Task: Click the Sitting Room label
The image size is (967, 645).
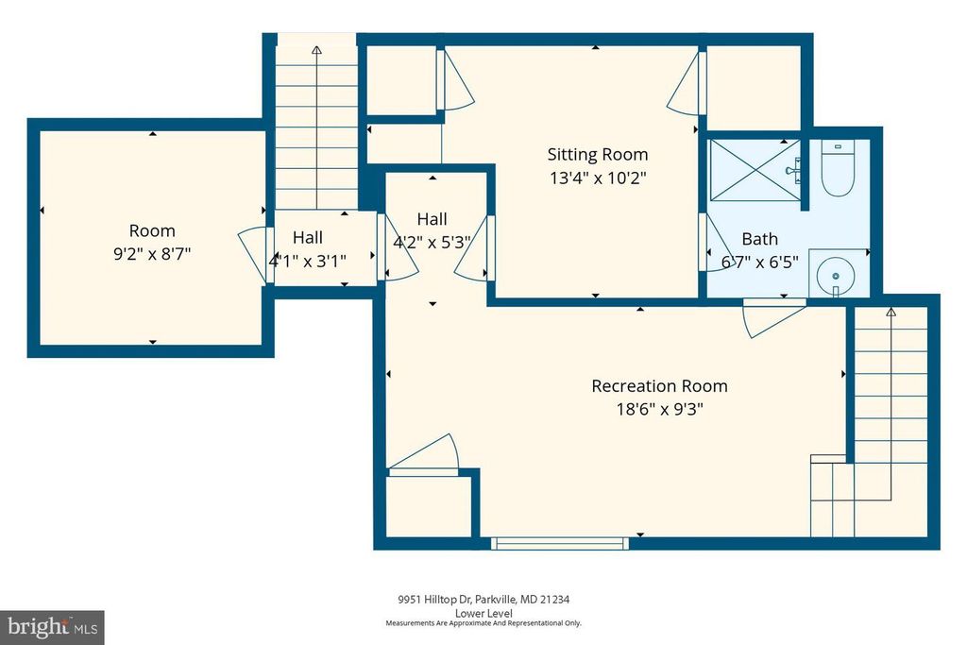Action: (598, 154)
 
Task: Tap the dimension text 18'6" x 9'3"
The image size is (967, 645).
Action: (659, 409)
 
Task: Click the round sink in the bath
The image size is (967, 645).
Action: (834, 275)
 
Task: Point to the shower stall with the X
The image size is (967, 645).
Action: (752, 171)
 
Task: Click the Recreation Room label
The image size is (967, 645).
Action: (659, 385)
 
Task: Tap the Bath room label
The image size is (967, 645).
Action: (760, 239)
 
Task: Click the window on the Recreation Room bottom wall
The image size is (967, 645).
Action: (559, 543)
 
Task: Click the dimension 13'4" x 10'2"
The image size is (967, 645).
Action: (598, 177)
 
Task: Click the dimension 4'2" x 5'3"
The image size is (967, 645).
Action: (432, 241)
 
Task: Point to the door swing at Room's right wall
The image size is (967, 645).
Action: (251, 253)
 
